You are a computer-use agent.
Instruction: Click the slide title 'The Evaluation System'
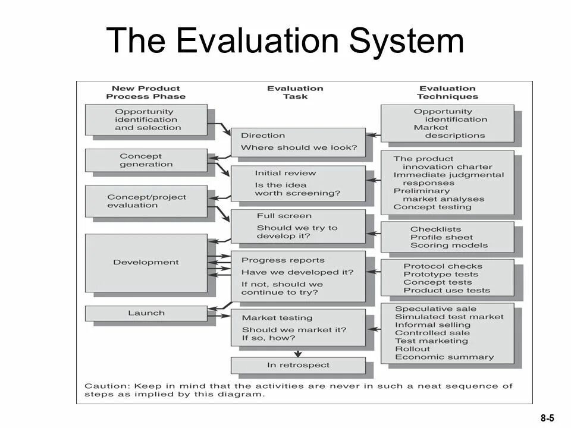coord(285,42)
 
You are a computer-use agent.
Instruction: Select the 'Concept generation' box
coord(146,160)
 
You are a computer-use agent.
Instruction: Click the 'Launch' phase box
coord(146,313)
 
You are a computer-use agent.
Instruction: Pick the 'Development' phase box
coord(146,262)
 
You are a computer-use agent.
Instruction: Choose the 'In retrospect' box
coord(298,365)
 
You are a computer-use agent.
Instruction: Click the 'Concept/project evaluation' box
coord(146,201)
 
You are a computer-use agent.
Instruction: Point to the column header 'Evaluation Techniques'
coord(447,92)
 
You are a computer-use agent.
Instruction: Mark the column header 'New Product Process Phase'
coord(146,92)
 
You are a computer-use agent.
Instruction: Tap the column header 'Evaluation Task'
coord(295,92)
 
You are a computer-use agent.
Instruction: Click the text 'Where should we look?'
coord(299,147)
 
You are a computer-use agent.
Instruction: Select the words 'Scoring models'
coord(449,246)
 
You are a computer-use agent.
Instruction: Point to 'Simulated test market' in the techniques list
coord(449,317)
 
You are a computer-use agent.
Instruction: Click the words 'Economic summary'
coord(444,357)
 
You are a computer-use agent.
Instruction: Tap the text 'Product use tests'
coord(447,291)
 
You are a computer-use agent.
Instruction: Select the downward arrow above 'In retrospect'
coord(298,353)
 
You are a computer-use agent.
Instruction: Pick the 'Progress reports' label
coord(283,260)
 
